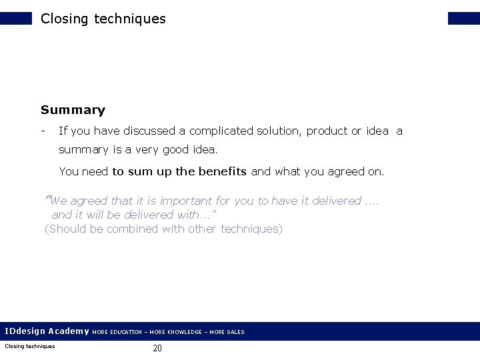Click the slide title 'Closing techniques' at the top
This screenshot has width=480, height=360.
click(103, 19)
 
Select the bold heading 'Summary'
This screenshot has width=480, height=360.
click(73, 109)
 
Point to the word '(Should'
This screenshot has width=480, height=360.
click(65, 229)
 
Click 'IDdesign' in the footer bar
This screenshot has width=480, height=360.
click(25, 331)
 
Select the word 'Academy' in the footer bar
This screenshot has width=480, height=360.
click(69, 331)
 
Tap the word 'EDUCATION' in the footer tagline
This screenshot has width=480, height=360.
click(125, 331)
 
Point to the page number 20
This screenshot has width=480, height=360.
click(157, 347)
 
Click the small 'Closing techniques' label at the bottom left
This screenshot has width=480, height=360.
click(29, 345)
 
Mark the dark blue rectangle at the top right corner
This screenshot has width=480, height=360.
click(464, 19)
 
